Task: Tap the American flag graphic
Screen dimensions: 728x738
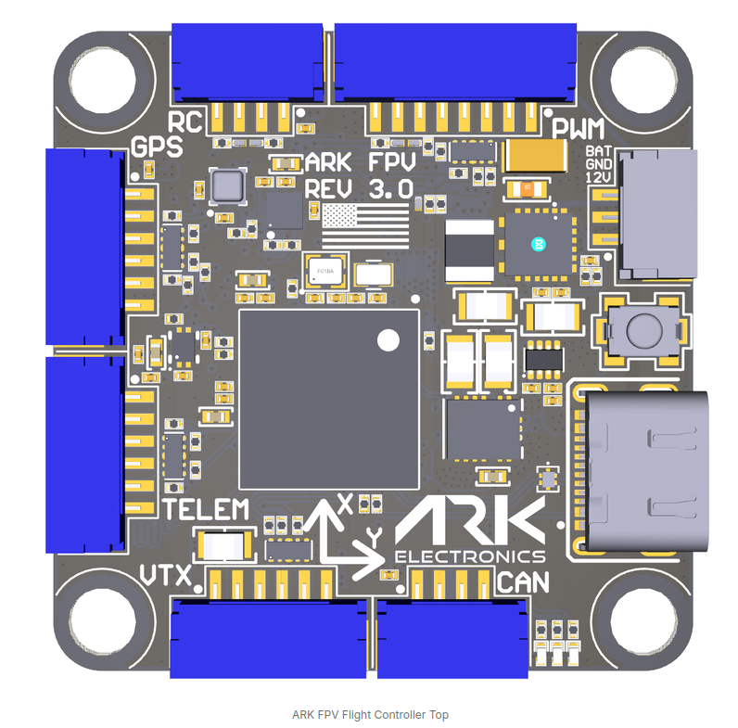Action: (x=364, y=226)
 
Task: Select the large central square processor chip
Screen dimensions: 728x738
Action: (x=329, y=398)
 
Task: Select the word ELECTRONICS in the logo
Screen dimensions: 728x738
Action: (x=470, y=556)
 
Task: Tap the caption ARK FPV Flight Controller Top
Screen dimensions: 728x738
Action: (x=369, y=714)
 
